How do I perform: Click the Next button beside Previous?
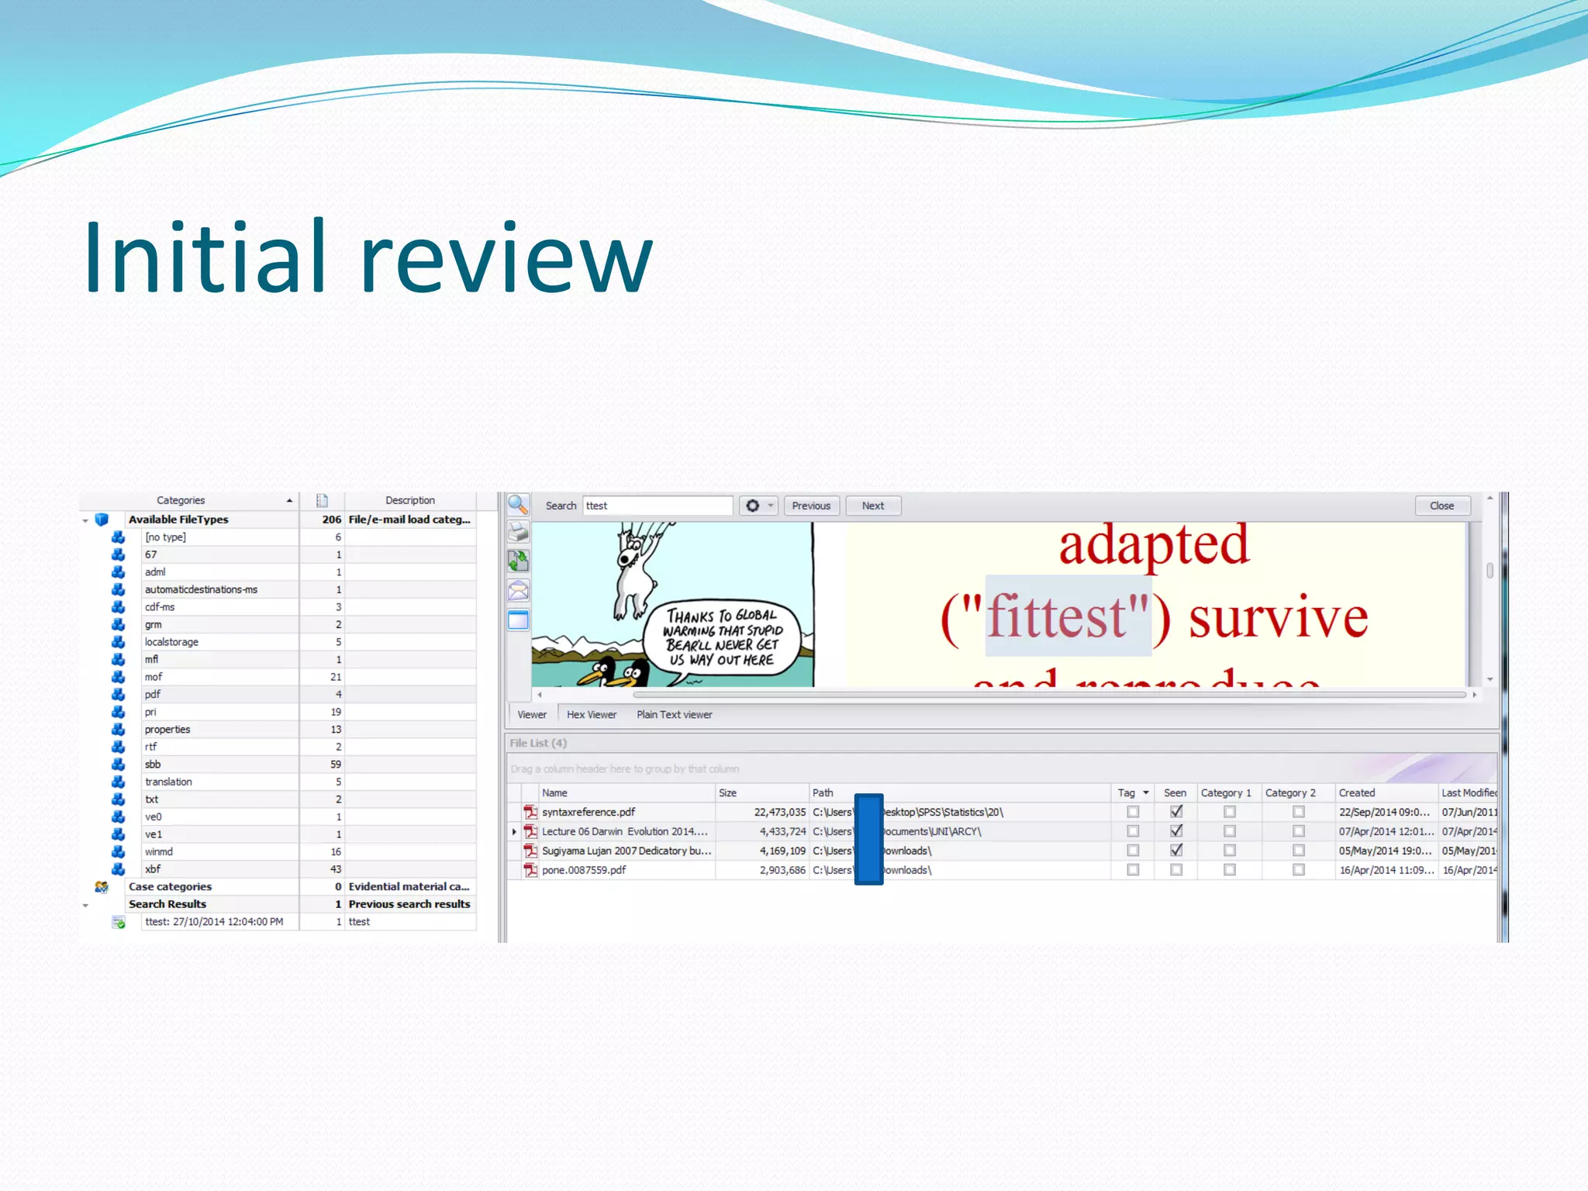(872, 506)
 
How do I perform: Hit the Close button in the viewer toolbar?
(1441, 506)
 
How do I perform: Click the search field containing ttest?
(656, 506)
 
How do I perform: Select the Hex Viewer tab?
(591, 715)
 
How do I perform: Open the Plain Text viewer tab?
(674, 715)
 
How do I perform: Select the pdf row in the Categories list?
(153, 694)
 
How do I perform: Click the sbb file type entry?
(153, 764)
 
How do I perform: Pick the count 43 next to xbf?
(336, 869)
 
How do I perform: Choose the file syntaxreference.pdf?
(589, 812)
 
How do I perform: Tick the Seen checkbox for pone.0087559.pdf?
(1176, 870)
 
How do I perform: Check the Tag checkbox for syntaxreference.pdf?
(1133, 812)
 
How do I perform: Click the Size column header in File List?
(727, 792)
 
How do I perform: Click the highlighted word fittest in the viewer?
(1058, 617)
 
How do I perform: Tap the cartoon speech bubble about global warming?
(721, 637)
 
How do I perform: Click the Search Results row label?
(167, 904)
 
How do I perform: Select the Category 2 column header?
(1290, 792)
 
